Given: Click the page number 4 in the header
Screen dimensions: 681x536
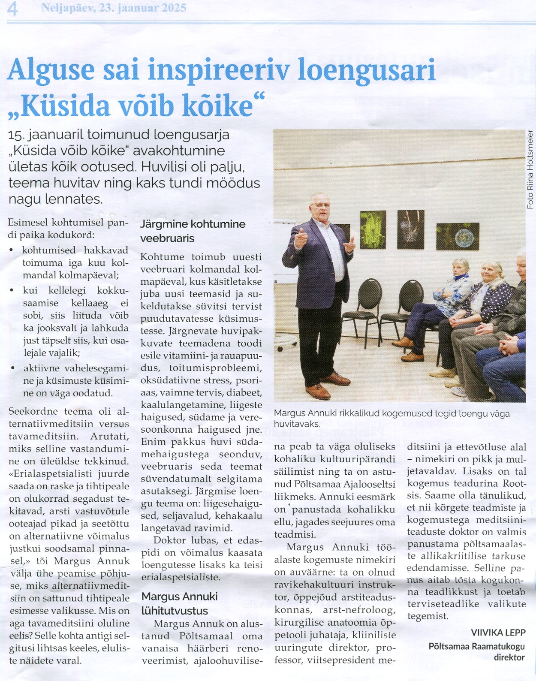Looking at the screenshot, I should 12,9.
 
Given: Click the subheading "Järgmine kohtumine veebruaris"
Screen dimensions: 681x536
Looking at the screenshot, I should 193,231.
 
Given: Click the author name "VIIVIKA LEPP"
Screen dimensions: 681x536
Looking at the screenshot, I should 498,633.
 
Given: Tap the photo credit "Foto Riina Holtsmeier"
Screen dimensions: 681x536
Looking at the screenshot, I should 530,169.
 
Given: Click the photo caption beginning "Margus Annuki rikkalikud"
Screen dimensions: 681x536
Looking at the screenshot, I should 391,419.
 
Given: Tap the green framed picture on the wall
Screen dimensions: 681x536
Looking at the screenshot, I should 373,230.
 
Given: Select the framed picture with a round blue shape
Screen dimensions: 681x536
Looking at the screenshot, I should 458,237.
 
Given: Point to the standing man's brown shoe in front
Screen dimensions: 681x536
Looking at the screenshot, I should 318,392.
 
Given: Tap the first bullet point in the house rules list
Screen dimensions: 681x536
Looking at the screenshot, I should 12,250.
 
